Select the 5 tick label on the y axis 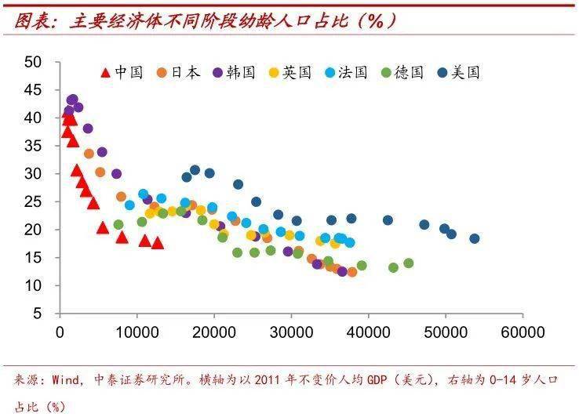pyautogui.click(x=37, y=314)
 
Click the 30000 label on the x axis pyautogui.click(x=291, y=332)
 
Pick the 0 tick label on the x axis pyautogui.click(x=60, y=332)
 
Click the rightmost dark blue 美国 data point pyautogui.click(x=474, y=239)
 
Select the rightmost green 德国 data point pyautogui.click(x=408, y=263)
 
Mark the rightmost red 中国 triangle pyautogui.click(x=157, y=243)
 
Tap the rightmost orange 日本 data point pyautogui.click(x=352, y=272)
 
